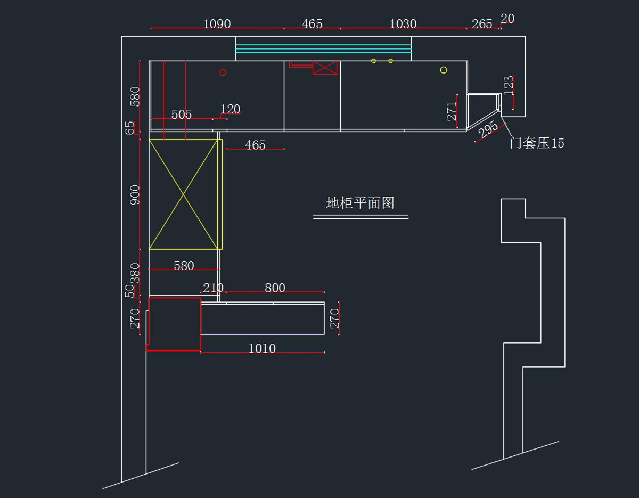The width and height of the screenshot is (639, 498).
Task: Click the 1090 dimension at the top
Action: click(x=217, y=24)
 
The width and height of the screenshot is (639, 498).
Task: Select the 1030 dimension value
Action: click(x=403, y=24)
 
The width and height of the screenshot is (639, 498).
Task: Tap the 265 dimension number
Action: click(x=482, y=24)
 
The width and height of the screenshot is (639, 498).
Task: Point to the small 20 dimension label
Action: click(x=507, y=19)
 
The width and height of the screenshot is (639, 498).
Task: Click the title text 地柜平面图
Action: click(x=360, y=203)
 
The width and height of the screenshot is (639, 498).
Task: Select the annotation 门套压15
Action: click(x=537, y=143)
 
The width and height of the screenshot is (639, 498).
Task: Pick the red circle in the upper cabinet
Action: click(x=223, y=72)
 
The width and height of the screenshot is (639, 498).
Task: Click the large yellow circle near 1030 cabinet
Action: click(x=444, y=70)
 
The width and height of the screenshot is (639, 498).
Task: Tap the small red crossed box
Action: click(x=325, y=68)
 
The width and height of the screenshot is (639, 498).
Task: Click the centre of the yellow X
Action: click(x=183, y=194)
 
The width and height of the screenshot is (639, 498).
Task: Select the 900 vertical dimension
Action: click(x=135, y=195)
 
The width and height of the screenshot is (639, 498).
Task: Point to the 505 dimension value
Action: click(x=182, y=115)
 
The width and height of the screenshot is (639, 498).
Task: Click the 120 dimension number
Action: click(x=230, y=109)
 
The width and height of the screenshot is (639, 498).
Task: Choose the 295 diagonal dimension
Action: click(x=488, y=129)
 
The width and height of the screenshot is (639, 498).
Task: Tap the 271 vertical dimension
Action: click(x=452, y=111)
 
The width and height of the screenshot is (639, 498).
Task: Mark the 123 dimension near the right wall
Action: click(x=509, y=86)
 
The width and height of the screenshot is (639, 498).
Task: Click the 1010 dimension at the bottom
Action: click(x=262, y=348)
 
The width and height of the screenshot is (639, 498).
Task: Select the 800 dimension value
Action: click(x=275, y=288)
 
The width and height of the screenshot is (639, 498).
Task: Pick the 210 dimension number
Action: click(x=213, y=288)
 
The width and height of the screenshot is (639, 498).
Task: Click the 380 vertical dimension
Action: click(x=135, y=273)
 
